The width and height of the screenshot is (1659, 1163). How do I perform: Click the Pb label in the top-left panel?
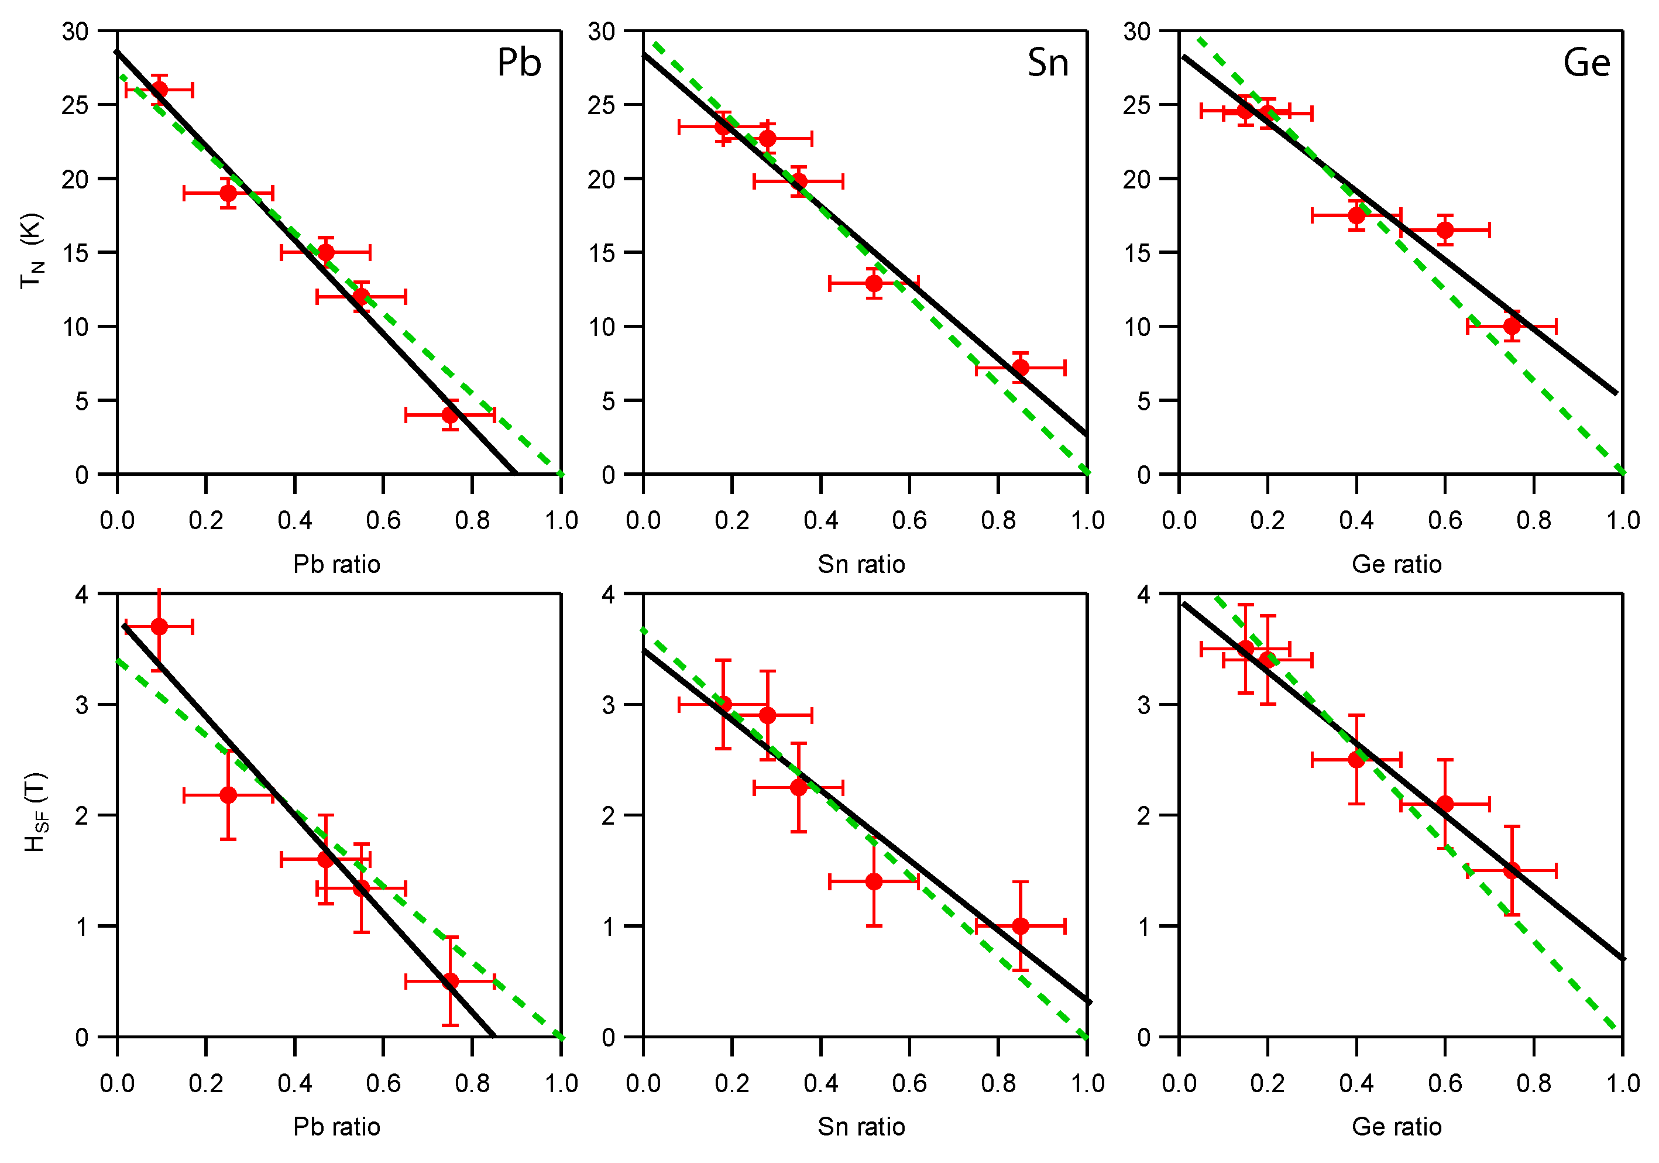(519, 62)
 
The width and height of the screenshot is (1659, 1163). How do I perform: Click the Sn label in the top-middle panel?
(1047, 62)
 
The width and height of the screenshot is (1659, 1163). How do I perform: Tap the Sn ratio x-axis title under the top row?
(861, 564)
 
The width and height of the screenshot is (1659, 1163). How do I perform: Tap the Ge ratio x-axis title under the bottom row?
(1397, 1126)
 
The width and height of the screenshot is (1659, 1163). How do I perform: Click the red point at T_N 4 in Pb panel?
(450, 415)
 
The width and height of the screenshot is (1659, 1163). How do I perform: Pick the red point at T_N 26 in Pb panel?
(160, 90)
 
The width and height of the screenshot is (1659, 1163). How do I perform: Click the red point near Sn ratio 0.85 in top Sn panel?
(1020, 368)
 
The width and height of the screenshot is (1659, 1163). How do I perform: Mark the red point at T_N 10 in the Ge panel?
(1512, 326)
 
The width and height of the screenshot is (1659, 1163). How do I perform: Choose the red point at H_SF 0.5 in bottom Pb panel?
(450, 981)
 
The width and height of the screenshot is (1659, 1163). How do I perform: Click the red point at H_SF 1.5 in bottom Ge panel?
(1512, 870)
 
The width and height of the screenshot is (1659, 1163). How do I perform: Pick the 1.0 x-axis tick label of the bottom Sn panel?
(1087, 1083)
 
